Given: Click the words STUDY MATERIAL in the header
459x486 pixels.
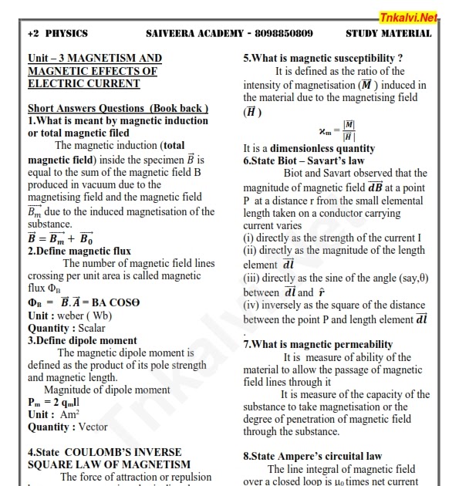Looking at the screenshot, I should pyautogui.click(x=388, y=33).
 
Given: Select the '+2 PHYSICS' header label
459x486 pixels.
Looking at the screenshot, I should pyautogui.click(x=57, y=33).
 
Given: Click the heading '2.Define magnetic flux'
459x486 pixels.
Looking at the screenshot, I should pyautogui.click(x=79, y=251).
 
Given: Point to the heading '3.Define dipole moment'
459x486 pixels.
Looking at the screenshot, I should pyautogui.click(x=83, y=340).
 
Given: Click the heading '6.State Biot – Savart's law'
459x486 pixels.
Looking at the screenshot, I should pyautogui.click(x=304, y=160).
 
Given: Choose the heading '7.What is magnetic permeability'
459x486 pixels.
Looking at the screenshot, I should pyautogui.click(x=318, y=345).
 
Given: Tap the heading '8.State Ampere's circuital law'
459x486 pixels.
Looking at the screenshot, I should pyautogui.click(x=312, y=456).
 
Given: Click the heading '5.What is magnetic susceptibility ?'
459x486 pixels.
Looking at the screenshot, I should pyautogui.click(x=323, y=58).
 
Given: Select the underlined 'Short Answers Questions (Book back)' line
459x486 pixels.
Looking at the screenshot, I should pyautogui.click(x=118, y=108).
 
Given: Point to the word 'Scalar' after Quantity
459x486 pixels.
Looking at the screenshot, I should pyautogui.click(x=89, y=328).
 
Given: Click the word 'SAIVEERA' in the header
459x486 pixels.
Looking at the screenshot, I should pyautogui.click(x=172, y=33).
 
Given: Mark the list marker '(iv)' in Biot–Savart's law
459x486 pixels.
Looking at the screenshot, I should pyautogui.click(x=251, y=305).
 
